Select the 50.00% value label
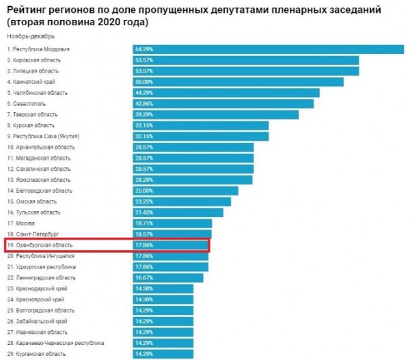[x=145, y=82]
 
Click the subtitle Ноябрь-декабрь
[x=31, y=36]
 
